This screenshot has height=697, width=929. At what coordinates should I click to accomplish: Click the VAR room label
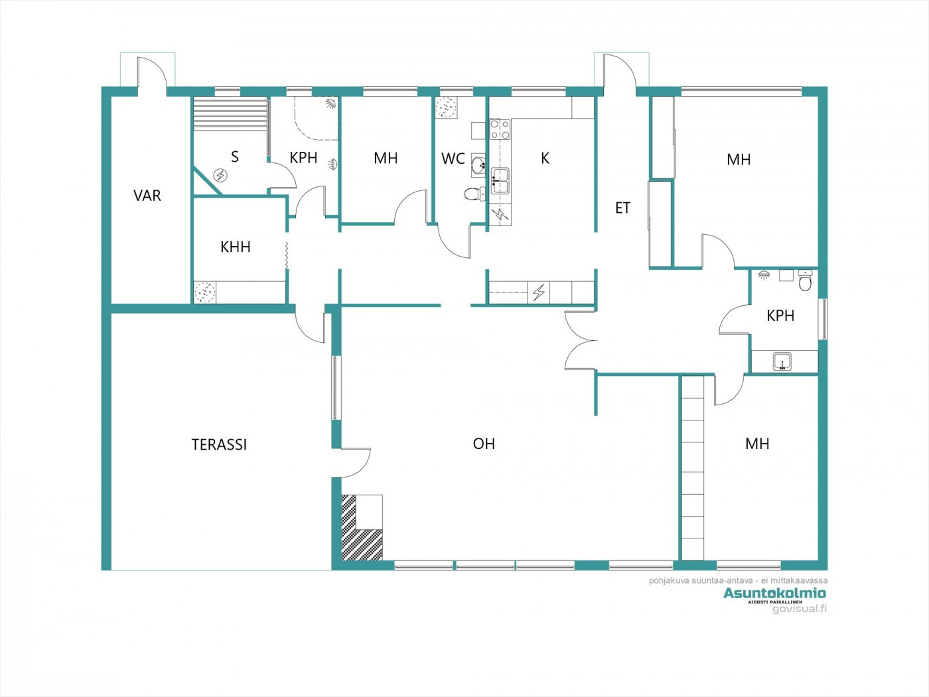click(x=147, y=196)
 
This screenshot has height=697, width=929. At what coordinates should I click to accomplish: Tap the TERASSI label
click(x=219, y=444)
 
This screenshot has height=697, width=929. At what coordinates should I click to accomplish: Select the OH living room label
click(x=484, y=444)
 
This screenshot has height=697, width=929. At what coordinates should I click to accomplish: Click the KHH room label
click(x=236, y=247)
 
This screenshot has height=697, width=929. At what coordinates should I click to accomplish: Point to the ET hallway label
click(x=622, y=208)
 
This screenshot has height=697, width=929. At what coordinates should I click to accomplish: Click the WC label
click(x=453, y=159)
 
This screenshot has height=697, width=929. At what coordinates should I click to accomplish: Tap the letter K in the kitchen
click(x=545, y=158)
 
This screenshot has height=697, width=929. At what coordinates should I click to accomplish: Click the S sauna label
click(x=234, y=157)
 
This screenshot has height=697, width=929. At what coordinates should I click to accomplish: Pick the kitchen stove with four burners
click(x=500, y=129)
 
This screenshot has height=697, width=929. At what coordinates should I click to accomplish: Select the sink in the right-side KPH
click(x=782, y=361)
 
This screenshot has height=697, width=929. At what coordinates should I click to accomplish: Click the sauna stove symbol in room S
click(x=220, y=175)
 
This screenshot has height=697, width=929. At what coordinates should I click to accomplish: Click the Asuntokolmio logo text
click(x=774, y=593)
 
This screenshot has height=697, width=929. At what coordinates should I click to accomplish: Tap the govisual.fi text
click(x=799, y=609)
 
